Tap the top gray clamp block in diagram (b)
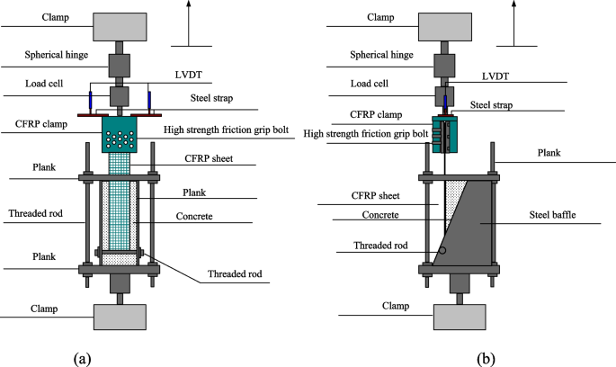pos(447,24)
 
